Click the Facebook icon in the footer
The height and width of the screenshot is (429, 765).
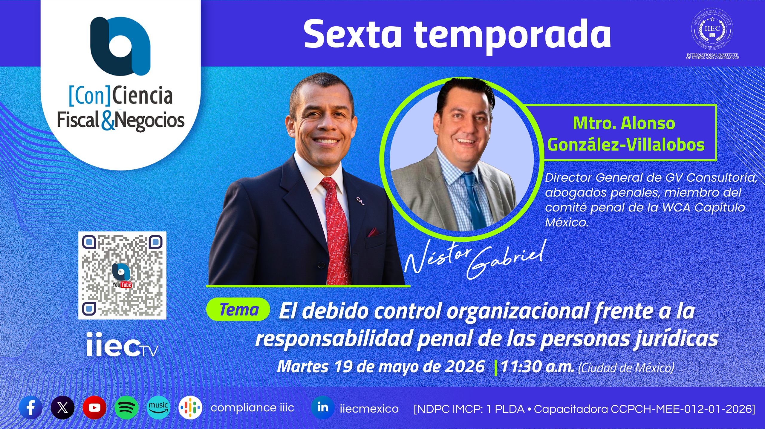[31, 407]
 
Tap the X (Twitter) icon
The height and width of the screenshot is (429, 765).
[62, 407]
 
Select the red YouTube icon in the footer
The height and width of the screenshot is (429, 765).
[94, 407]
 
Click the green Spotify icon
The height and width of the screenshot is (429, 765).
[126, 407]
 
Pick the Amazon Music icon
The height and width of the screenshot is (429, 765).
[158, 407]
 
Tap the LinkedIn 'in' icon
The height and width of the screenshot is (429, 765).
[323, 407]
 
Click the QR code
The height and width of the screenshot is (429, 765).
[122, 275]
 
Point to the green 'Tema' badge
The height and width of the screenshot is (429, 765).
[238, 309]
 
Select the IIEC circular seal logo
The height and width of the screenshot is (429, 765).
[712, 29]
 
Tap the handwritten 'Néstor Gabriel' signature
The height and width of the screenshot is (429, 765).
[475, 259]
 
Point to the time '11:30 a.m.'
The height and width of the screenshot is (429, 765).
[537, 367]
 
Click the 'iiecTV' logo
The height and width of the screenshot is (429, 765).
[122, 345]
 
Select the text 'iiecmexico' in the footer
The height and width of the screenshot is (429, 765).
[369, 408]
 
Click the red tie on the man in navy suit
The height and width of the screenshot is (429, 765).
[336, 230]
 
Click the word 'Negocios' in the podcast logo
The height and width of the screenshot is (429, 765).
[150, 121]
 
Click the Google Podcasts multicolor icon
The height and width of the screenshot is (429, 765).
[190, 407]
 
